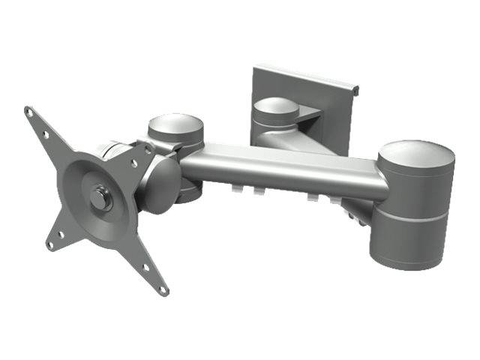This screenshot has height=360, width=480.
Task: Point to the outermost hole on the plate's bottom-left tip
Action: [49, 244]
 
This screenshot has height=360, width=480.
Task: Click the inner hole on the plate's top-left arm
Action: [46, 136]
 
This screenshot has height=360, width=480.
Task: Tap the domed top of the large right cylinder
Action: [416, 157]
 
